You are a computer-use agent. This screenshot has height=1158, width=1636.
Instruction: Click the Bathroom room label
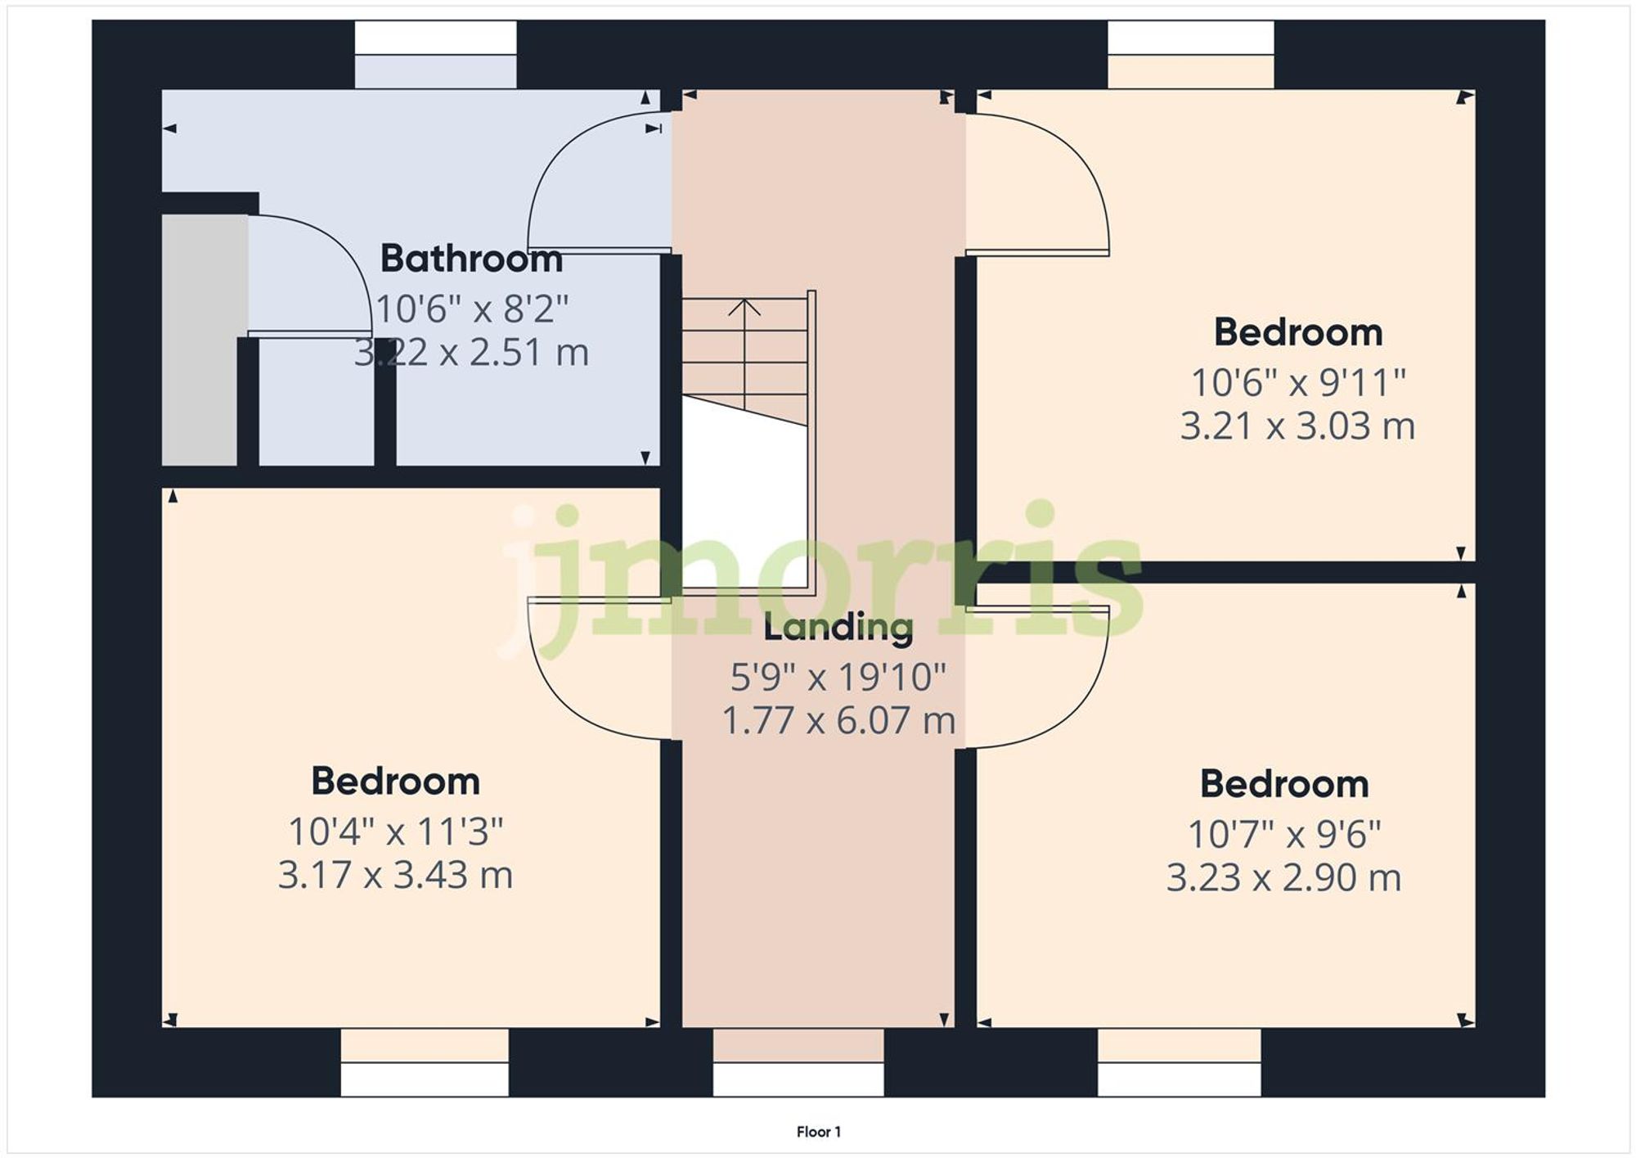pyautogui.click(x=471, y=259)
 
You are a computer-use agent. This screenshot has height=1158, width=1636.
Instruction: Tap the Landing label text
pyautogui.click(x=838, y=628)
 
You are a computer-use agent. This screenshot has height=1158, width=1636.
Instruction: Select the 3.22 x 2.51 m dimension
pyautogui.click(x=471, y=353)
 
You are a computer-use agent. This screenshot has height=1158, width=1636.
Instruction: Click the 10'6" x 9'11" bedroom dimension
pyautogui.click(x=1297, y=383)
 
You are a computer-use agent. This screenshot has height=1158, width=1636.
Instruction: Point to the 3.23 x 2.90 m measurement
pyautogui.click(x=1283, y=878)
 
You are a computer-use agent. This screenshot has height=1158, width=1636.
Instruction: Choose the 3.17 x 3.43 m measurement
pyautogui.click(x=395, y=875)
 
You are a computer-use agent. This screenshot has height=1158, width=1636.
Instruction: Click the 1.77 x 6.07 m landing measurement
pyautogui.click(x=838, y=721)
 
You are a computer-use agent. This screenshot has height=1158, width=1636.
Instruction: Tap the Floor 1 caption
pyautogui.click(x=818, y=1132)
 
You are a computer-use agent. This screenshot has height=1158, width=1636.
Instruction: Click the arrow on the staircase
pyautogui.click(x=744, y=308)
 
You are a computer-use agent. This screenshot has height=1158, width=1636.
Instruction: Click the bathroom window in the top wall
pyautogui.click(x=435, y=55)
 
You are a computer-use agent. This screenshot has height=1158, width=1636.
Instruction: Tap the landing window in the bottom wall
pyautogui.click(x=798, y=1062)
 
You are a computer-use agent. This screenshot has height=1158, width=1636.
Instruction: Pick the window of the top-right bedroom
pyautogui.click(x=1190, y=55)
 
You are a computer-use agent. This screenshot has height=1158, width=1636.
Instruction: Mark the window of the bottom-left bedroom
pyautogui.click(x=425, y=1062)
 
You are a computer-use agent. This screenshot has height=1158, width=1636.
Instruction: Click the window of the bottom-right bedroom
pyautogui.click(x=1179, y=1062)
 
